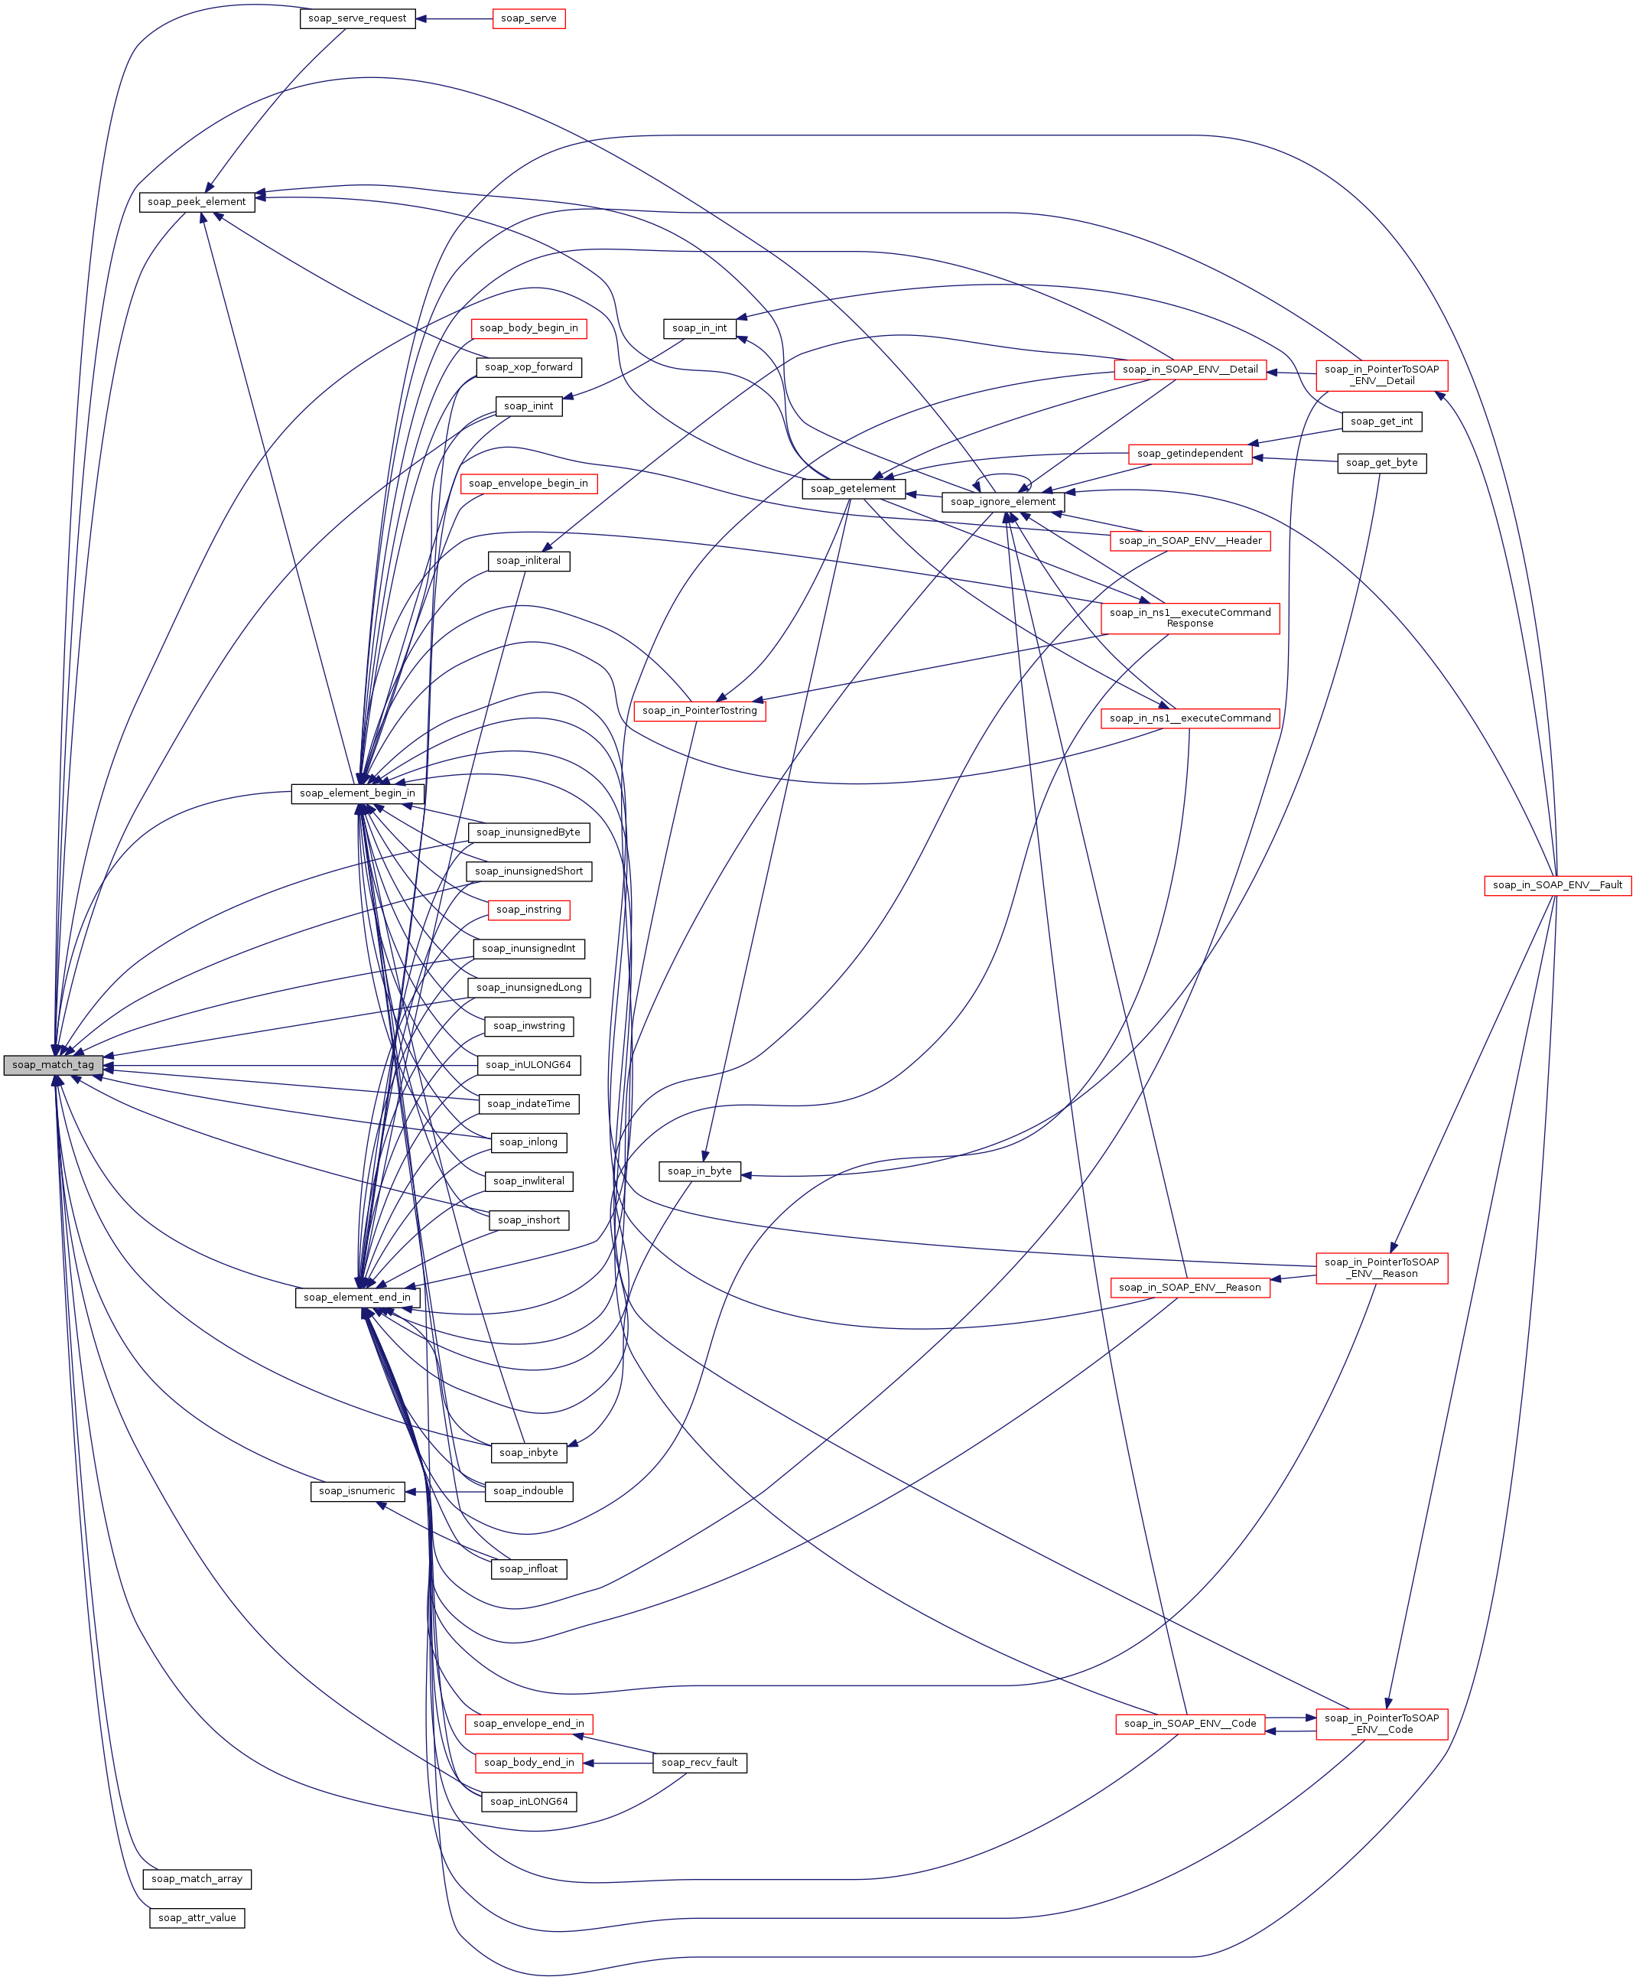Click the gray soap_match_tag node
53,1065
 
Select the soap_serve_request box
357,19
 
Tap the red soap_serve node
529,19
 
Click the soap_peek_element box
197,202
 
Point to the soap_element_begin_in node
357,793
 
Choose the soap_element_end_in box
357,1298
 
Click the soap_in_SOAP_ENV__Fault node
1558,885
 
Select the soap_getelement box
853,489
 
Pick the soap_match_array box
197,1879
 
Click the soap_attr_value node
197,1918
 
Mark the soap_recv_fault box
699,1762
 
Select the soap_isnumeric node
357,1491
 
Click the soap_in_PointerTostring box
699,711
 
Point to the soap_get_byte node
1381,463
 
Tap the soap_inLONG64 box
529,1801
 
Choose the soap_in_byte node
699,1171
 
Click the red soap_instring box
529,910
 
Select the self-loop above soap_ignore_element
1003,476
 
